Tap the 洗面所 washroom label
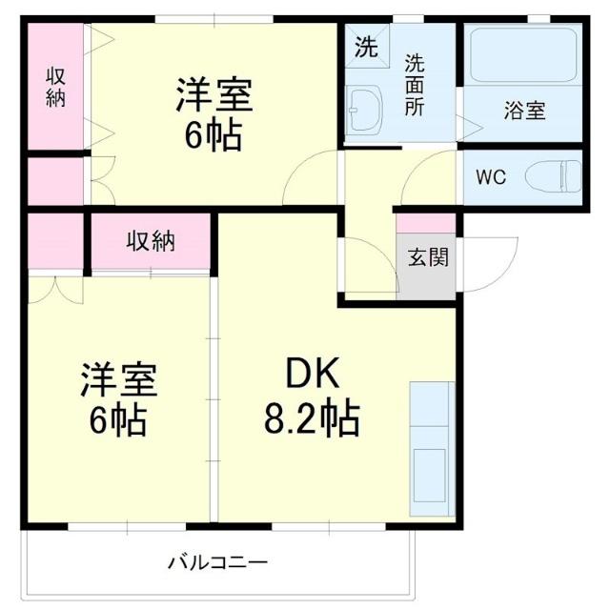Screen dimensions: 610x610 click(x=415, y=85)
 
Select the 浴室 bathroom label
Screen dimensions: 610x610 click(x=524, y=110)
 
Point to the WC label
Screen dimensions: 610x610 click(x=491, y=176)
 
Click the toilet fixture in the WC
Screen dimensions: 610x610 click(x=558, y=175)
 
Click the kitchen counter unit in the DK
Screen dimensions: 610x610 click(x=431, y=437)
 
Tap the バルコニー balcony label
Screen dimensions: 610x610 click(x=218, y=561)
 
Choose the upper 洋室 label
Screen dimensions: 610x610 click(x=213, y=97)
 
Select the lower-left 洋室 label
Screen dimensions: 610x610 click(x=117, y=379)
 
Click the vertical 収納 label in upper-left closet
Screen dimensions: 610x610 click(x=56, y=85)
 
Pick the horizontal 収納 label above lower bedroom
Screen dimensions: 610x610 click(x=151, y=241)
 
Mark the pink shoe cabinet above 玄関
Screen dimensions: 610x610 click(x=426, y=224)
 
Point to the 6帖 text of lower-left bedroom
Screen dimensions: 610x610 click(x=117, y=418)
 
